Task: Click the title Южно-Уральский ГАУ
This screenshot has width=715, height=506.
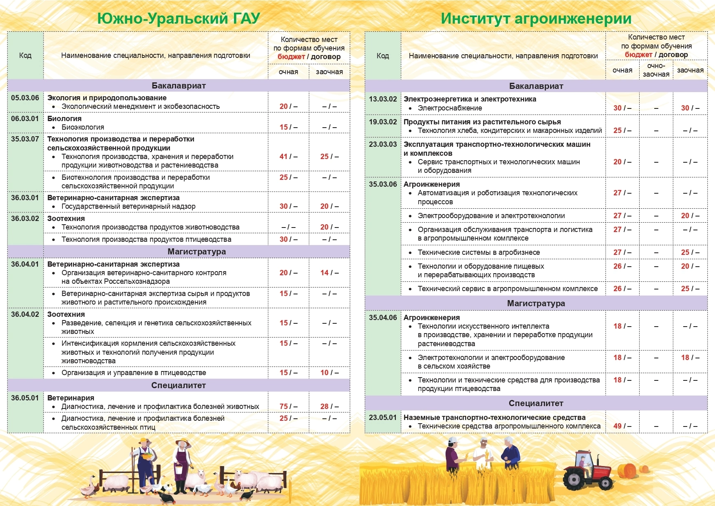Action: pyautogui.click(x=179, y=19)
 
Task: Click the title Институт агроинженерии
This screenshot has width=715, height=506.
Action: pyautogui.click(x=536, y=19)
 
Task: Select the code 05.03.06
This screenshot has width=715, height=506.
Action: pyautogui.click(x=25, y=98)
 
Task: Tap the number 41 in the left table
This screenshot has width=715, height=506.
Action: pyautogui.click(x=284, y=157)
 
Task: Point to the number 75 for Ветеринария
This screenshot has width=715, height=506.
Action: pyautogui.click(x=284, y=407)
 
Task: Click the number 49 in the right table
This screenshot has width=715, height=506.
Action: pyautogui.click(x=618, y=426)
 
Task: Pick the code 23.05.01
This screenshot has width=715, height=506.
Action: pyautogui.click(x=383, y=418)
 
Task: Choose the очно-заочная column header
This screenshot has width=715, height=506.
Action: pyautogui.click(x=656, y=70)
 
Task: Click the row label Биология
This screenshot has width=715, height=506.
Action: pyautogui.click(x=64, y=119)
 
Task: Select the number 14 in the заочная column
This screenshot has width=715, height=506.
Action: pyautogui.click(x=324, y=273)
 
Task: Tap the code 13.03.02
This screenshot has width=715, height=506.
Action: pyautogui.click(x=383, y=99)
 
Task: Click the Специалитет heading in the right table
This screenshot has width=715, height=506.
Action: pyautogui.click(x=536, y=403)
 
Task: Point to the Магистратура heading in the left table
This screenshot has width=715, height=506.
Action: pyautogui.click(x=196, y=252)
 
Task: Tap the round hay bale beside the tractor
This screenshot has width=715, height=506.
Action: pyautogui.click(x=627, y=471)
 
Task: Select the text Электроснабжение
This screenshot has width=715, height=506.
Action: pyautogui.click(x=450, y=108)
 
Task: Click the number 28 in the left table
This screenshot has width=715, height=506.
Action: pyautogui.click(x=324, y=407)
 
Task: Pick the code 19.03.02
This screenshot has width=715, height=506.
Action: pyautogui.click(x=383, y=122)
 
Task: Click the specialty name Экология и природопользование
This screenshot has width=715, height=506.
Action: pyautogui.click(x=107, y=98)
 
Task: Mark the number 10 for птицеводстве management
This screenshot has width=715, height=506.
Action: pyautogui.click(x=324, y=373)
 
